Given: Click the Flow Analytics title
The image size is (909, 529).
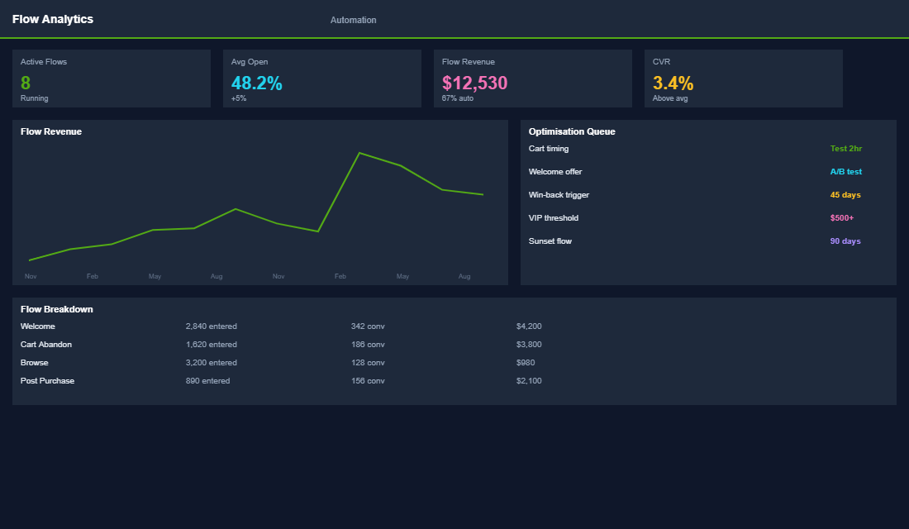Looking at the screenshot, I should (x=53, y=19).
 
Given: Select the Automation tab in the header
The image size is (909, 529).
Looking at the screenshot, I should (x=353, y=20).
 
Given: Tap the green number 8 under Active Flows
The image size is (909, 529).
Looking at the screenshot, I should (x=26, y=83).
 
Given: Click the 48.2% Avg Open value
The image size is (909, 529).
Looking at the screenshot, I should (x=256, y=83).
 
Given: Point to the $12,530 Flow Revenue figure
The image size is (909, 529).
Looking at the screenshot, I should (x=474, y=83).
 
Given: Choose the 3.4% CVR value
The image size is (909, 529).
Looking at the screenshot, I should (x=673, y=83).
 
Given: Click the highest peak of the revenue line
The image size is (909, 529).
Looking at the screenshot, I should (x=359, y=153).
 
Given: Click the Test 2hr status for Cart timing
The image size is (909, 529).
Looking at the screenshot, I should (x=845, y=149).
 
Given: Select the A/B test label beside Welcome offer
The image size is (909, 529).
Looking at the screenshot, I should (x=845, y=172).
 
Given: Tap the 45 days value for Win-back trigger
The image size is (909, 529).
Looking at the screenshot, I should (x=845, y=195).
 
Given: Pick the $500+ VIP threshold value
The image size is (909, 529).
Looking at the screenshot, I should (x=841, y=218).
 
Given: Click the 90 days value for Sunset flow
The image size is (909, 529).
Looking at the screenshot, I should (x=845, y=241).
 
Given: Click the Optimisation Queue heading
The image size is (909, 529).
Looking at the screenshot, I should (x=572, y=131).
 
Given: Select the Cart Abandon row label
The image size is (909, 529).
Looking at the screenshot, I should (x=46, y=345).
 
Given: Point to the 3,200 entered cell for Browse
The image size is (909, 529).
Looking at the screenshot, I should (x=211, y=363).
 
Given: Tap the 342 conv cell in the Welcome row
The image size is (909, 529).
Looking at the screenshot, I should (x=368, y=326).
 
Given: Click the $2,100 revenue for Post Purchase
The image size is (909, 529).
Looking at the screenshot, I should (x=529, y=381).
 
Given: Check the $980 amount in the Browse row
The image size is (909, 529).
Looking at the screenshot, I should (x=526, y=363).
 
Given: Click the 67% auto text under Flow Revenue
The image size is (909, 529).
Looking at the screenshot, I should (x=458, y=98).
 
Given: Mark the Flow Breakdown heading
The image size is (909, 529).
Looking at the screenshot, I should (x=56, y=309).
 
